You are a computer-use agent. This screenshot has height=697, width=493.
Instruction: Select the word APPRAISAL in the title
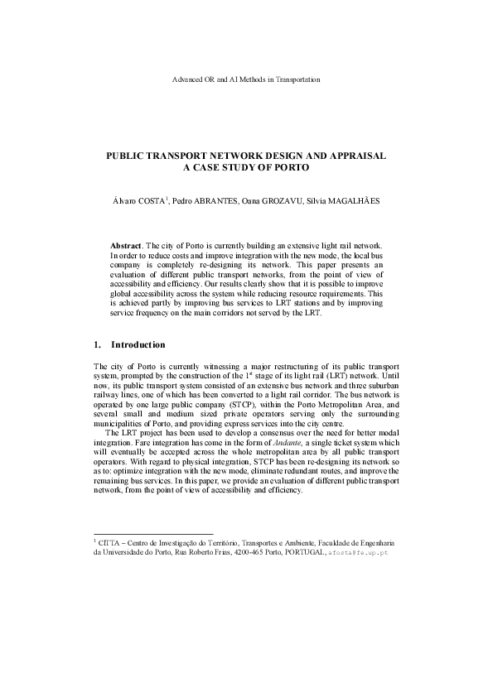[355, 156]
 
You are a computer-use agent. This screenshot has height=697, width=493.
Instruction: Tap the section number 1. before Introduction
[98, 344]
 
